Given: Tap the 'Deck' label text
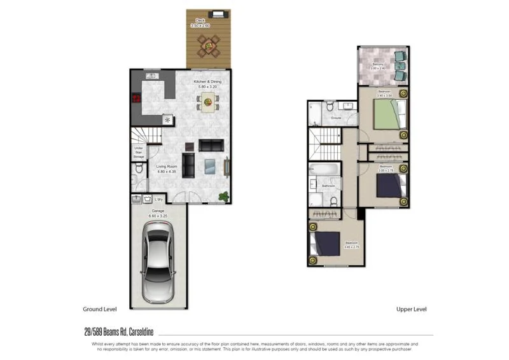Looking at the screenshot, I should click(200, 20).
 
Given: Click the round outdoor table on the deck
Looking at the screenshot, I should click(207, 45).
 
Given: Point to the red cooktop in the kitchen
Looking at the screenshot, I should click(136, 99).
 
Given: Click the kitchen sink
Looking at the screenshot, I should click(151, 76).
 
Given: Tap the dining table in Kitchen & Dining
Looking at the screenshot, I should click(207, 100).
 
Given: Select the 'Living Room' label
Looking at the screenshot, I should click(166, 167).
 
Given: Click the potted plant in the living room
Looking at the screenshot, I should click(223, 196).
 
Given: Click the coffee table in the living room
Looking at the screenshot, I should click(211, 167).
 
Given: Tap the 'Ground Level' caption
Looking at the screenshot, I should click(100, 309).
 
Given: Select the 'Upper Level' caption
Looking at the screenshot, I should click(411, 309).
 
